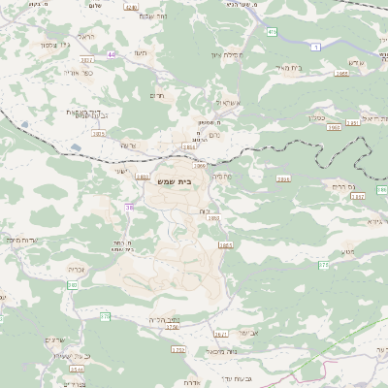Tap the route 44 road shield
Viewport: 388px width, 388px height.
112,55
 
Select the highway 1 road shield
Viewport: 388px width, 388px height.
315,48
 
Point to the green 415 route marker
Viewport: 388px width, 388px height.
272,32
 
